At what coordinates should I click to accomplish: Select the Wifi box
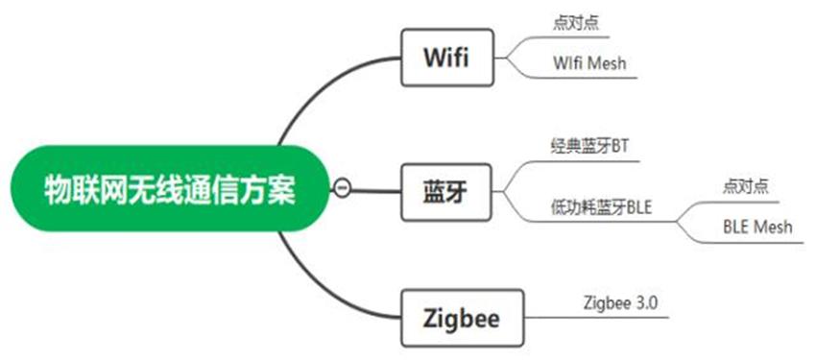(445, 58)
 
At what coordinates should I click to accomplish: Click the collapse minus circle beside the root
(341, 188)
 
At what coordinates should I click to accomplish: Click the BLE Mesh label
(758, 228)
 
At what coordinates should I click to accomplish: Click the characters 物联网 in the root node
(84, 188)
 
